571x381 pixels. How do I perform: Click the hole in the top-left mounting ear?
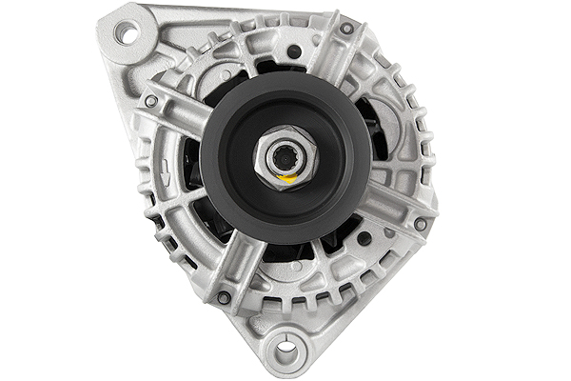point(124,32)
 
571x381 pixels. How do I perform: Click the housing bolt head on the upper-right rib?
point(346,30)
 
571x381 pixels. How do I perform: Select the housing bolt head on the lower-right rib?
point(420,225)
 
